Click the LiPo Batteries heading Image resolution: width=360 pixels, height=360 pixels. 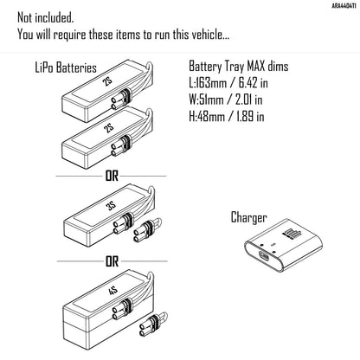[x=67, y=66]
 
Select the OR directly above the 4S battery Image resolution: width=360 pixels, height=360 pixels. [x=112, y=260]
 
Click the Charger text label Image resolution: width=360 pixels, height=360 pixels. [x=248, y=217]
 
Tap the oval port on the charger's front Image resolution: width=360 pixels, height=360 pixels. [x=265, y=257]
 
